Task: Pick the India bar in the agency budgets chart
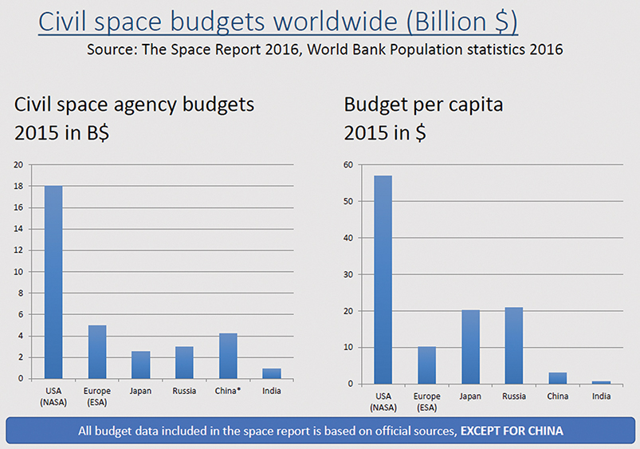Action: [272, 373]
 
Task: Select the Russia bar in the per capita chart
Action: [514, 345]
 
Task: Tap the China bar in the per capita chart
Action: [557, 378]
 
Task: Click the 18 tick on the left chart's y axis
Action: [18, 186]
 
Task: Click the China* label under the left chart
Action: [228, 391]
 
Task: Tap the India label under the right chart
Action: [602, 396]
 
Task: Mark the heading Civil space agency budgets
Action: [134, 104]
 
